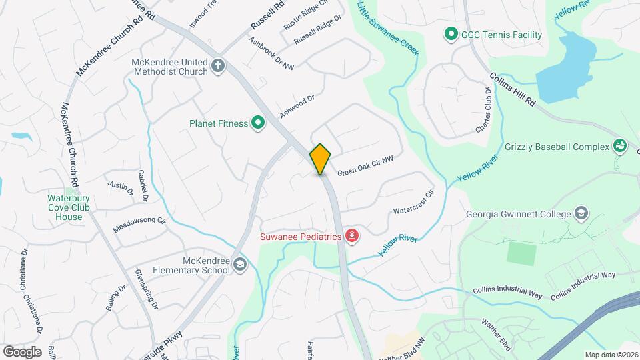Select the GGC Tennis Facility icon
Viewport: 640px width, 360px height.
pos(450,34)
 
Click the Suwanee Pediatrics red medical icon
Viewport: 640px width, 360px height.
pos(351,236)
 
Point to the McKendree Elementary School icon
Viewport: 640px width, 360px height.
pos(239,266)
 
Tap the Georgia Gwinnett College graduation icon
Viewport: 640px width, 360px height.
pos(581,214)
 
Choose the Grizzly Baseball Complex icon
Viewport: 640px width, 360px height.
pos(619,146)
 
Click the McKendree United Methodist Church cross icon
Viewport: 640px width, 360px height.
pos(218,66)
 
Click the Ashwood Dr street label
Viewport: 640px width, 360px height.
pos(297,106)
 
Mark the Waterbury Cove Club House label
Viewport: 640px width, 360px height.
pos(65,207)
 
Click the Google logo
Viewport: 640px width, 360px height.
pos(22,351)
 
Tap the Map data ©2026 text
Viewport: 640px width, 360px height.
pos(611,355)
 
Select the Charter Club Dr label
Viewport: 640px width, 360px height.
pos(484,109)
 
